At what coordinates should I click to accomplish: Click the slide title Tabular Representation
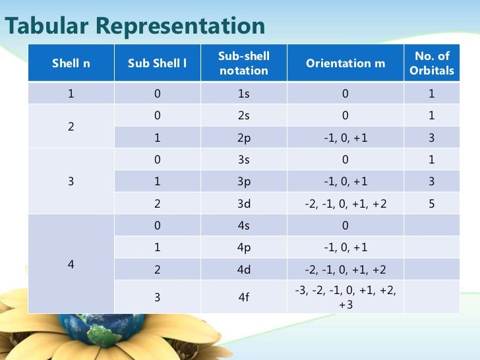click(135, 26)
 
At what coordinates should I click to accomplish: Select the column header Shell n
click(71, 63)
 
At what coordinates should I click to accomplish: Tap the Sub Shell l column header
click(157, 63)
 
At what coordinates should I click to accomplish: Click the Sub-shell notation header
click(243, 63)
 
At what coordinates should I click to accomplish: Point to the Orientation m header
click(345, 63)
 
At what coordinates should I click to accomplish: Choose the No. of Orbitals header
click(432, 63)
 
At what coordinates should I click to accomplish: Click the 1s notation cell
click(243, 94)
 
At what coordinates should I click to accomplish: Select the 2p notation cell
click(243, 138)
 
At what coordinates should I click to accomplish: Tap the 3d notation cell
click(243, 204)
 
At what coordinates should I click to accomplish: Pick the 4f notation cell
click(243, 297)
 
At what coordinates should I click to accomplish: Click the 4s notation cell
click(243, 226)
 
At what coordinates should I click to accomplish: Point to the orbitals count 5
click(432, 204)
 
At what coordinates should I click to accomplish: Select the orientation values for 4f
click(345, 297)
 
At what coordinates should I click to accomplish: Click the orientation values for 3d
click(345, 204)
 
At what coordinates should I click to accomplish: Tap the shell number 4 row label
click(71, 264)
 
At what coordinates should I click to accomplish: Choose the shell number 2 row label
click(71, 127)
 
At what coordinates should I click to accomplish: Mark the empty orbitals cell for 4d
click(432, 270)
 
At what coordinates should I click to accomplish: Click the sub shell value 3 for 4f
click(157, 297)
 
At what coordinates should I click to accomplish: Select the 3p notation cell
click(243, 182)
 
